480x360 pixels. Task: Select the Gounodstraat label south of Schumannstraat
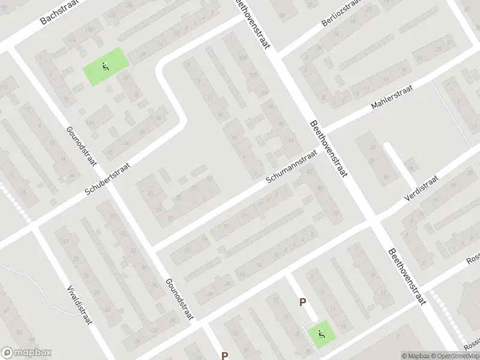pyautogui.click(x=178, y=298)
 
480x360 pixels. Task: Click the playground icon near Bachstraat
pyautogui.click(x=106, y=67)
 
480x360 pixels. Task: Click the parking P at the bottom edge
pyautogui.click(x=224, y=355)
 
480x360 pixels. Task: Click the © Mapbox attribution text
pyautogui.click(x=418, y=356)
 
